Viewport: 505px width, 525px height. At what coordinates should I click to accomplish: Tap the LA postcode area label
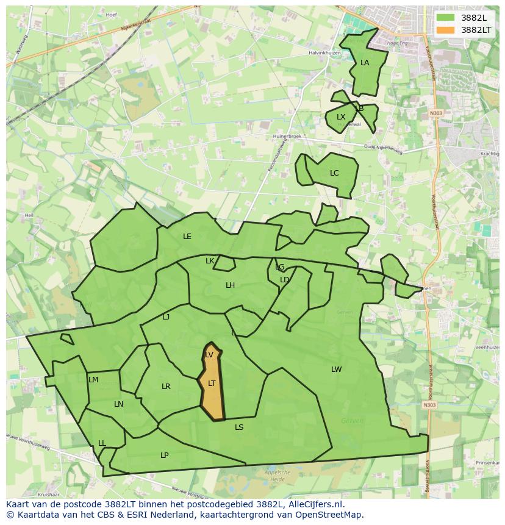click(x=365, y=63)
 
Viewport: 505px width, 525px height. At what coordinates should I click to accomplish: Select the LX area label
click(x=341, y=117)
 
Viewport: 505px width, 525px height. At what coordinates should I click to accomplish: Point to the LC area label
click(x=334, y=173)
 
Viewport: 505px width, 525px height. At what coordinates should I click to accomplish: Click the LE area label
click(x=187, y=237)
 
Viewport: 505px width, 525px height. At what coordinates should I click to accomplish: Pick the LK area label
click(x=210, y=261)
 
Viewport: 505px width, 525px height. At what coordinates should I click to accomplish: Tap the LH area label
click(x=230, y=285)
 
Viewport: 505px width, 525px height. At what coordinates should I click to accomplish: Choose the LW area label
click(x=336, y=370)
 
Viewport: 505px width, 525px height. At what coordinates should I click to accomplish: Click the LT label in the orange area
click(x=212, y=384)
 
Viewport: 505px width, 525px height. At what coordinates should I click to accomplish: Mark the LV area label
click(x=209, y=355)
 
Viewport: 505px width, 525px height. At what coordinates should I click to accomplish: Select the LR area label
click(x=166, y=387)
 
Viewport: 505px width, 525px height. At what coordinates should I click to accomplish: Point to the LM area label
click(x=93, y=380)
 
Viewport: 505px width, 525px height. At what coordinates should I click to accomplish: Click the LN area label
click(x=118, y=404)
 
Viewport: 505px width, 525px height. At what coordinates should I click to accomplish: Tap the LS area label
click(x=239, y=427)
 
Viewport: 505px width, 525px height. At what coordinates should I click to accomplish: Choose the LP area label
click(x=164, y=455)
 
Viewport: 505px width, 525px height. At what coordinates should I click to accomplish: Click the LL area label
click(x=102, y=443)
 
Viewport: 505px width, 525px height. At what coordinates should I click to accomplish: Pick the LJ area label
click(x=166, y=317)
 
